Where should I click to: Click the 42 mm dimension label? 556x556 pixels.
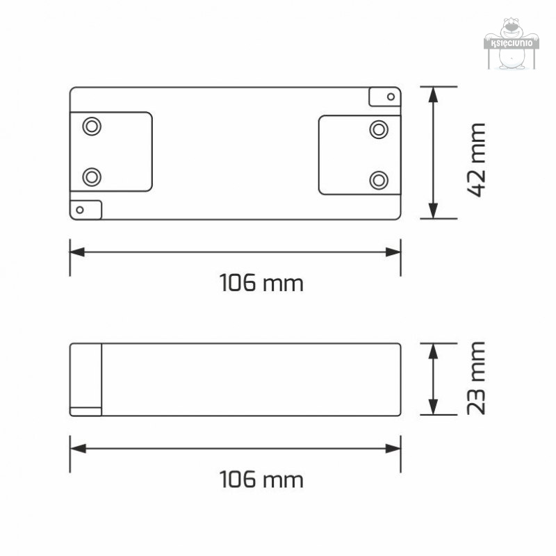click(476, 160)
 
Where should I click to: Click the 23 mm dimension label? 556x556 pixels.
click(476, 378)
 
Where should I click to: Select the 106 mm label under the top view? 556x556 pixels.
click(261, 283)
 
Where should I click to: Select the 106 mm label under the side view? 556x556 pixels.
click(261, 480)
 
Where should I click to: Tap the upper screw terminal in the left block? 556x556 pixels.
click(92, 126)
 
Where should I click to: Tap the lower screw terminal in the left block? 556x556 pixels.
click(92, 177)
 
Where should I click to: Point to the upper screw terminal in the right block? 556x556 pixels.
click(379, 129)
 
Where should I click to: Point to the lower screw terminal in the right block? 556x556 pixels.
click(379, 180)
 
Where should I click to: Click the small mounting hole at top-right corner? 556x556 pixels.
click(391, 97)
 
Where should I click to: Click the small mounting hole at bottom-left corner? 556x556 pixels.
click(80, 210)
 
